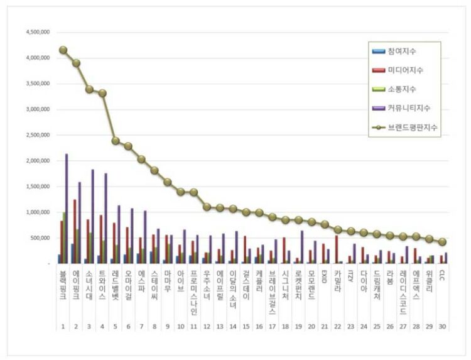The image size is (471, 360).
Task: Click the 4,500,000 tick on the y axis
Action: coord(37,32)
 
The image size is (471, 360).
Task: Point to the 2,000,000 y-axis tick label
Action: coord(37,161)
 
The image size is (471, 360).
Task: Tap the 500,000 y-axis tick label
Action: coord(40,238)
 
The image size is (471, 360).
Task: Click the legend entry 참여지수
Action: coord(402,51)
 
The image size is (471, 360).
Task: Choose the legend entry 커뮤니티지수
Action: coord(409,108)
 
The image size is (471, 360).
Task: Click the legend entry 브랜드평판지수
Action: coord(412,127)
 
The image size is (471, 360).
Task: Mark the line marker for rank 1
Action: coord(63,50)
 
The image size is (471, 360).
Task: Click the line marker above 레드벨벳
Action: coord(116,141)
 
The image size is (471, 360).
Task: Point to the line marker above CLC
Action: coord(442,242)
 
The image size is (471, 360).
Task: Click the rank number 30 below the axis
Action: coord(442,327)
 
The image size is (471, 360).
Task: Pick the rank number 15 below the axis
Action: coord(246,327)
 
